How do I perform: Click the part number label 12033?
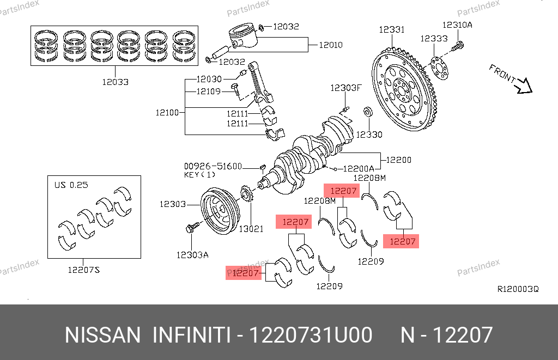click(x=115, y=82)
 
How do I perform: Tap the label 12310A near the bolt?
click(x=457, y=25)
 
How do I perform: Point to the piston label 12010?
click(x=330, y=45)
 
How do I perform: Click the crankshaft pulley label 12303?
click(x=173, y=204)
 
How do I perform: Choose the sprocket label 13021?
click(x=251, y=229)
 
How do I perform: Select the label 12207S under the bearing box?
click(x=84, y=269)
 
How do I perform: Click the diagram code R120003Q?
click(x=518, y=289)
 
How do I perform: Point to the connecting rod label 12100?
click(x=167, y=113)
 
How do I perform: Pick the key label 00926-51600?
click(x=213, y=166)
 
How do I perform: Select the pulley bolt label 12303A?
click(x=192, y=254)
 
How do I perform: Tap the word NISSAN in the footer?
click(x=102, y=335)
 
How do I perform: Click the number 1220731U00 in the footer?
click(x=310, y=335)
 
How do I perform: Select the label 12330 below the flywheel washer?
click(x=369, y=134)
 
